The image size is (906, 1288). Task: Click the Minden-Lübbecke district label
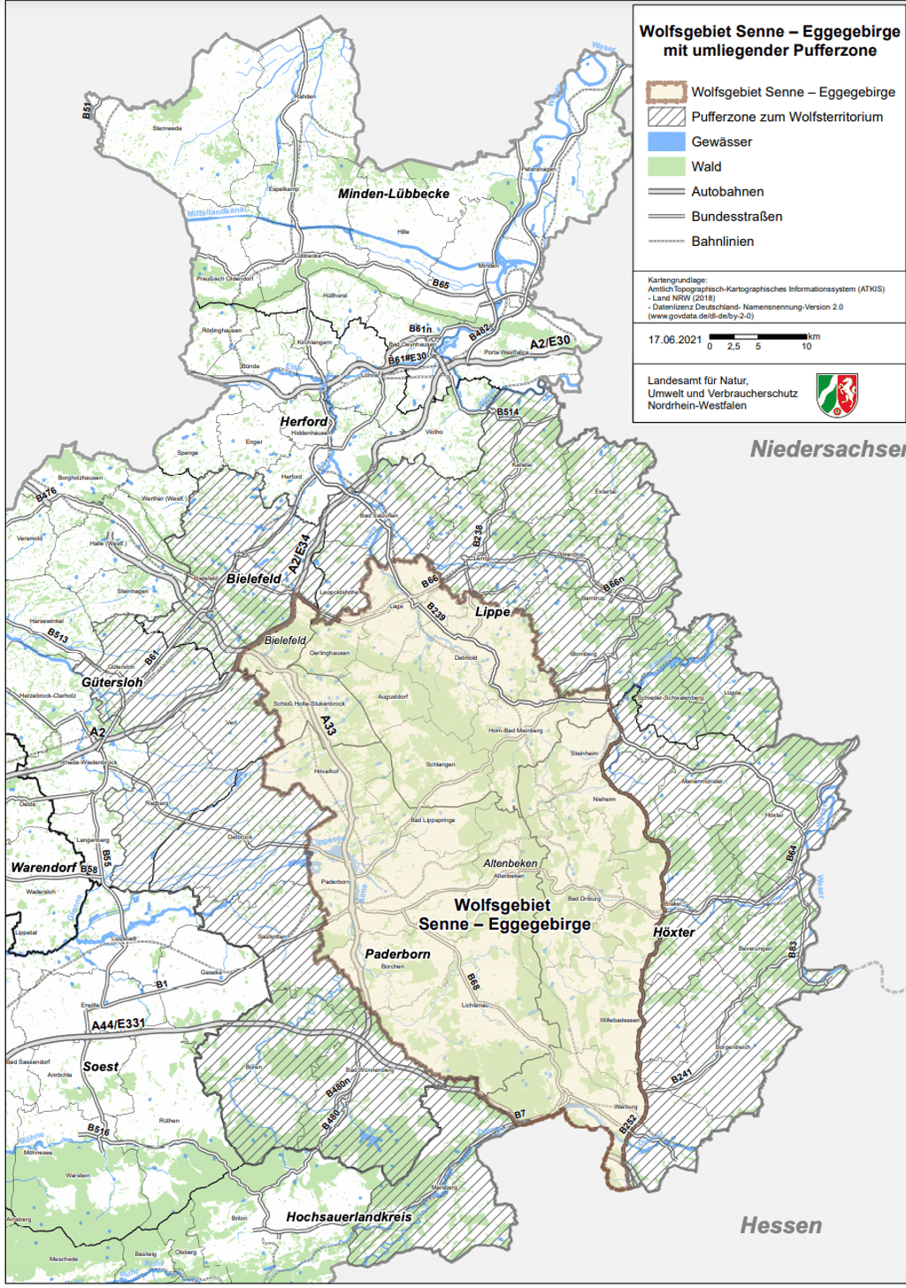[394, 194]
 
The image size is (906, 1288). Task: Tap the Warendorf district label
[44, 867]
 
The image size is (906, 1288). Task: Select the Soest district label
[101, 1067]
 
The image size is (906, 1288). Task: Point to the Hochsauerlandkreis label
[349, 1217]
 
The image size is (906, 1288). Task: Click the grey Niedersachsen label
[827, 449]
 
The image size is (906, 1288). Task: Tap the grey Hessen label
[780, 1225]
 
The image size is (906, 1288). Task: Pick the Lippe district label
[493, 611]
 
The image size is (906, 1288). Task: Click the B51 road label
[87, 111]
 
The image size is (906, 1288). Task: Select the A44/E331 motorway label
[118, 1024]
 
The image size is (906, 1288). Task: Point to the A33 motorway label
[328, 725]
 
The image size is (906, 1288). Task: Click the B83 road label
[793, 949]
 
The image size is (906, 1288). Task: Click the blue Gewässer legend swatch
[666, 142]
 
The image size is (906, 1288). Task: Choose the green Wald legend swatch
[666, 166]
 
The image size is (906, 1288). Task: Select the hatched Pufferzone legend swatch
[666, 117]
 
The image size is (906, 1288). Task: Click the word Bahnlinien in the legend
[723, 241]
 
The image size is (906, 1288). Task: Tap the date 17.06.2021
[675, 340]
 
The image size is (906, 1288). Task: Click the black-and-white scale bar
[758, 336]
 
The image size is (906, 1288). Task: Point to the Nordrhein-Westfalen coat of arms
[837, 395]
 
